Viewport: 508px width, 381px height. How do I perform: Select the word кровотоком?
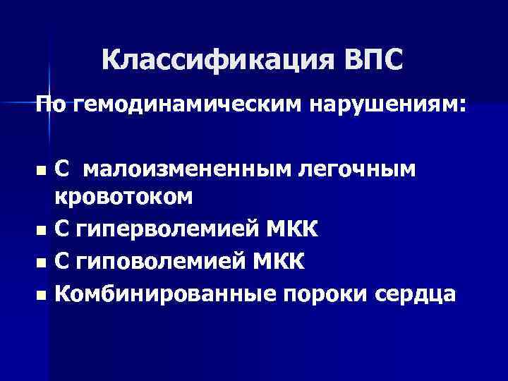(x=123, y=198)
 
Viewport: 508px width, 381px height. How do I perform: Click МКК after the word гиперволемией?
(x=291, y=229)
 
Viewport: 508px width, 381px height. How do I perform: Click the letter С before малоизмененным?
(x=62, y=169)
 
